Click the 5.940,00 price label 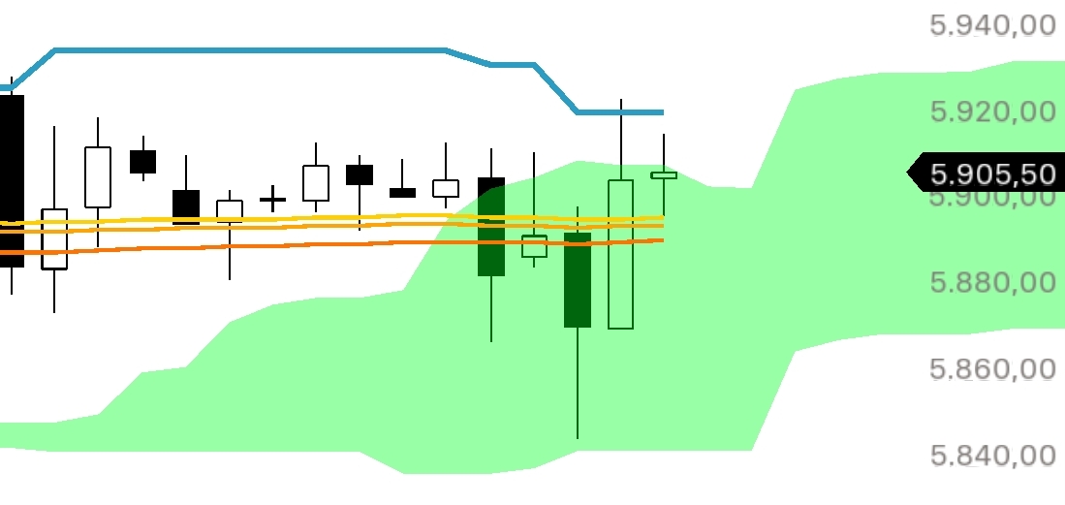pos(992,25)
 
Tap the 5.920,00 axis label pos(992,111)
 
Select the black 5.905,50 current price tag pos(988,174)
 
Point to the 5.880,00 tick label pos(992,283)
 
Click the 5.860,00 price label pos(992,369)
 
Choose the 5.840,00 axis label pos(992,455)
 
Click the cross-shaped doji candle pos(273,200)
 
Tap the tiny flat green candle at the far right pos(664,175)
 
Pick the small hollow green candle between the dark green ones pos(534,246)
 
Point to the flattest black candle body pos(402,193)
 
